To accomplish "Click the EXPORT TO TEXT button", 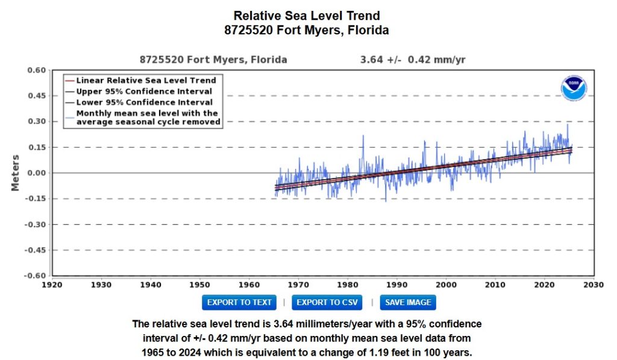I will pyautogui.click(x=239, y=302).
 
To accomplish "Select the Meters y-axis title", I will pyautogui.click(x=16, y=173).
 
